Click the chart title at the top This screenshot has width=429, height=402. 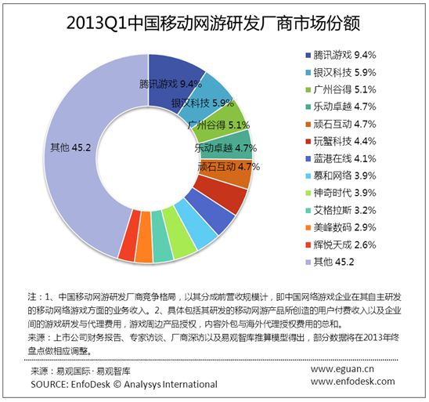click(x=213, y=23)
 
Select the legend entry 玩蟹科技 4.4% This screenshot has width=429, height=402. click(x=341, y=141)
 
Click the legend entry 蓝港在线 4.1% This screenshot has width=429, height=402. click(x=341, y=158)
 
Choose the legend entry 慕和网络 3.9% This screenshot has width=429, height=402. click(x=341, y=176)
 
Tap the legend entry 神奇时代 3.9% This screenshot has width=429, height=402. click(x=341, y=193)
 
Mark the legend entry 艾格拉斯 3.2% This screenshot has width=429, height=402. click(x=341, y=210)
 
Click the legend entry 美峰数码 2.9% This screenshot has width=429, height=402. click(x=341, y=227)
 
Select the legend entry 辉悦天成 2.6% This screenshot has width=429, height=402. click(x=341, y=244)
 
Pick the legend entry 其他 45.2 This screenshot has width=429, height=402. click(x=330, y=262)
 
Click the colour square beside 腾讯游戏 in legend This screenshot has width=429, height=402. click(x=308, y=56)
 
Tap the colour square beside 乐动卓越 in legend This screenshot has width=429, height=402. click(x=308, y=107)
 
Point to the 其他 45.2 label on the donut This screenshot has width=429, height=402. click(x=70, y=148)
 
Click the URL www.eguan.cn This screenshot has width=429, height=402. click(x=342, y=369)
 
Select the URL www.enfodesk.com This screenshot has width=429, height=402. click(x=352, y=381)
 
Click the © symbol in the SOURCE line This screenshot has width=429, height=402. click(x=117, y=384)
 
